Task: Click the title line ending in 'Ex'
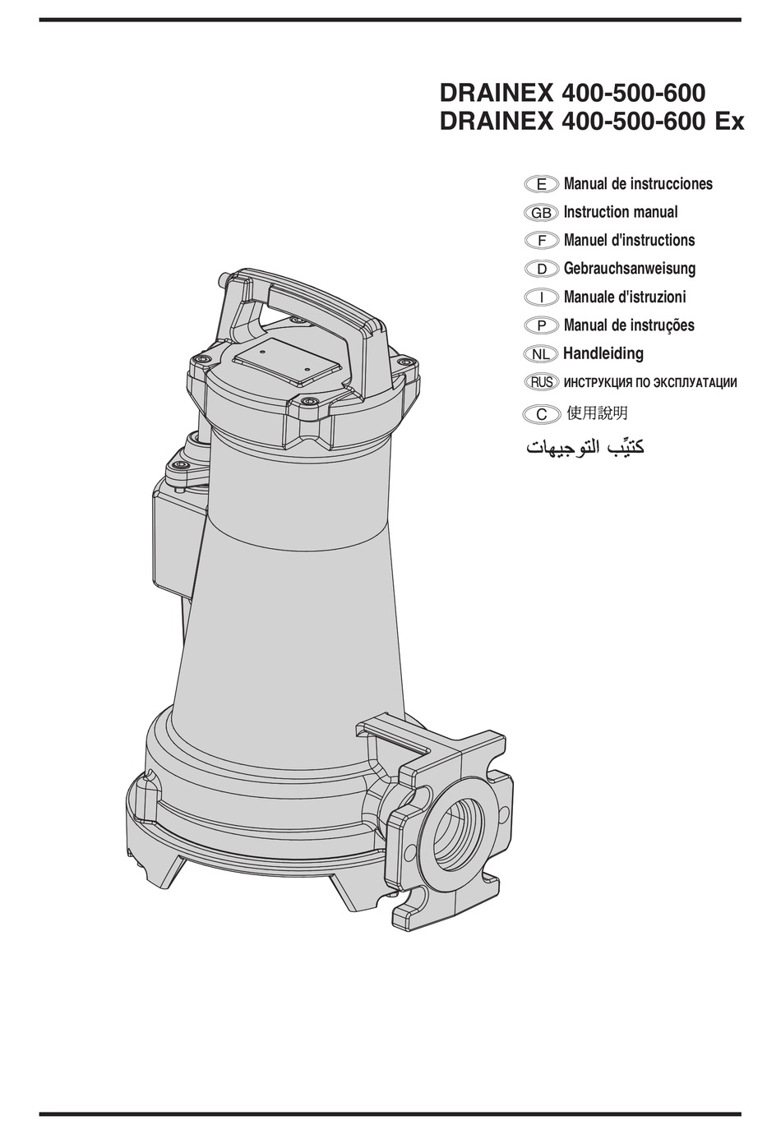pyautogui.click(x=592, y=122)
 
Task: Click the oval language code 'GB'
pyautogui.click(x=541, y=213)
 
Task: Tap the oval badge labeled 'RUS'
pyautogui.click(x=541, y=382)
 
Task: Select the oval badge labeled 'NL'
pyautogui.click(x=541, y=354)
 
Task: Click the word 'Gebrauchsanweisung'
pyautogui.click(x=629, y=269)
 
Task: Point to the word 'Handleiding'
pyautogui.click(x=603, y=353)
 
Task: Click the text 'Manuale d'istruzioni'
pyautogui.click(x=624, y=297)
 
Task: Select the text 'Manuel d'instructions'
pyautogui.click(x=629, y=240)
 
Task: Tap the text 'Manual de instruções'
pyautogui.click(x=629, y=325)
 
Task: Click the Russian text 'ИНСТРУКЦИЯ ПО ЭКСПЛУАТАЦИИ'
pyautogui.click(x=649, y=382)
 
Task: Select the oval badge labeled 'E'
pyautogui.click(x=541, y=185)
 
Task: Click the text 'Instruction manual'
pyautogui.click(x=620, y=212)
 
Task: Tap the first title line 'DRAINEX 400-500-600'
pyautogui.click(x=572, y=90)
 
